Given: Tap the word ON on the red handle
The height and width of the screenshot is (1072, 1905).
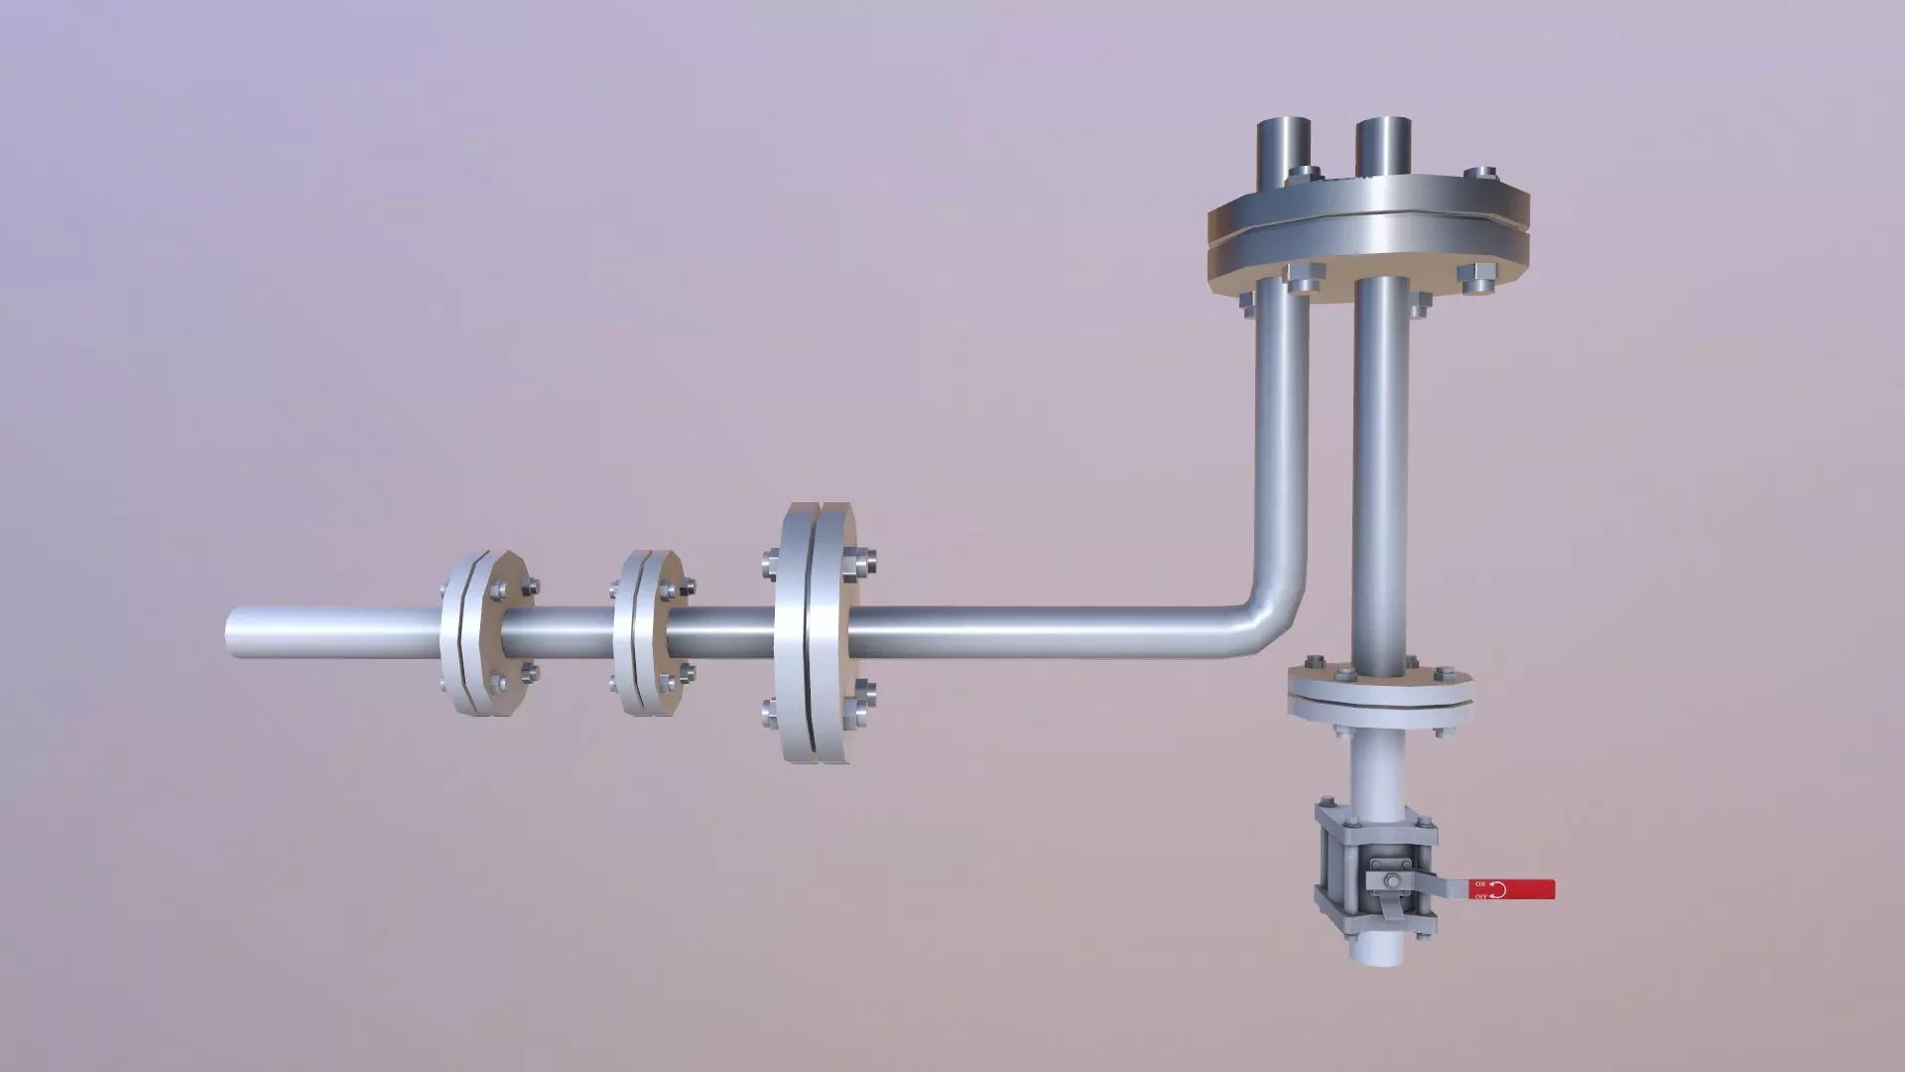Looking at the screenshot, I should click(x=1479, y=882).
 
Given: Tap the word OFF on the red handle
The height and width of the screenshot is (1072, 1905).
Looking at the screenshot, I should click(x=1480, y=896).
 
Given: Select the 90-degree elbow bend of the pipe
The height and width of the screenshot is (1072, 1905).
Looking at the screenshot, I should click(x=1270, y=625).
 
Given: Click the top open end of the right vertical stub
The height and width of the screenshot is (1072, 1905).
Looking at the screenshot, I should click(x=1382, y=124).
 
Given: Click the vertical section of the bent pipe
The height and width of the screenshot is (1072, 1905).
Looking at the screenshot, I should click(x=1282, y=447).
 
